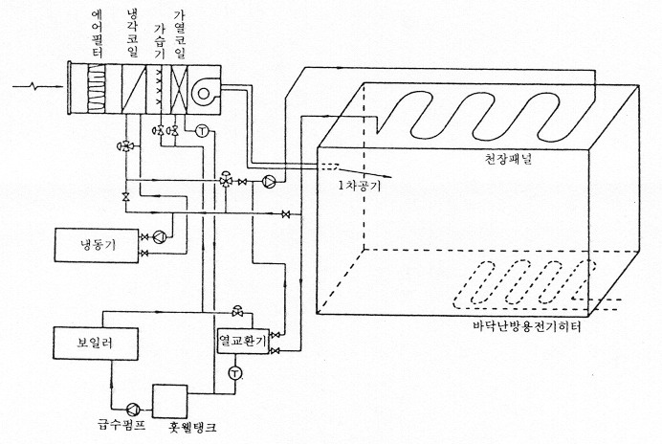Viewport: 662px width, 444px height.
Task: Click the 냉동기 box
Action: pyautogui.click(x=97, y=245)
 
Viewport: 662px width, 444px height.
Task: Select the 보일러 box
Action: pyautogui.click(x=96, y=343)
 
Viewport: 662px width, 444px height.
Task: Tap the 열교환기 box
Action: pyautogui.click(x=243, y=341)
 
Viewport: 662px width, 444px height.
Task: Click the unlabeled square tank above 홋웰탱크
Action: pyautogui.click(x=169, y=401)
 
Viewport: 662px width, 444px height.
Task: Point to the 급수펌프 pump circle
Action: pyautogui.click(x=133, y=409)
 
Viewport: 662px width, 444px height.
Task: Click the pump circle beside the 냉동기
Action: pyautogui.click(x=160, y=237)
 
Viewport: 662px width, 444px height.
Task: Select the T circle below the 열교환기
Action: pyautogui.click(x=235, y=373)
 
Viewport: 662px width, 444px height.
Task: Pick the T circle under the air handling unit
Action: pyautogui.click(x=202, y=131)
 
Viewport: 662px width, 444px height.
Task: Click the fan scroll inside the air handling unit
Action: pyautogui.click(x=205, y=92)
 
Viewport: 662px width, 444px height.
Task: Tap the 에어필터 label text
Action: pyautogui.click(x=98, y=33)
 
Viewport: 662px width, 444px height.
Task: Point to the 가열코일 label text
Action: pyautogui.click(x=180, y=34)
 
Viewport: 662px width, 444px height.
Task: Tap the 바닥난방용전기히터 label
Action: pyautogui.click(x=527, y=326)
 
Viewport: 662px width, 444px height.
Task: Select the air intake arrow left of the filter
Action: pyautogui.click(x=37, y=87)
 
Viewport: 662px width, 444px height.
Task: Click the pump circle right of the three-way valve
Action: pyautogui.click(x=269, y=182)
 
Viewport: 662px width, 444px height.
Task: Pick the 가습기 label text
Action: pyautogui.click(x=160, y=41)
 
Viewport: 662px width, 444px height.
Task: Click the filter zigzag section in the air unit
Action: pyautogui.click(x=96, y=88)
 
